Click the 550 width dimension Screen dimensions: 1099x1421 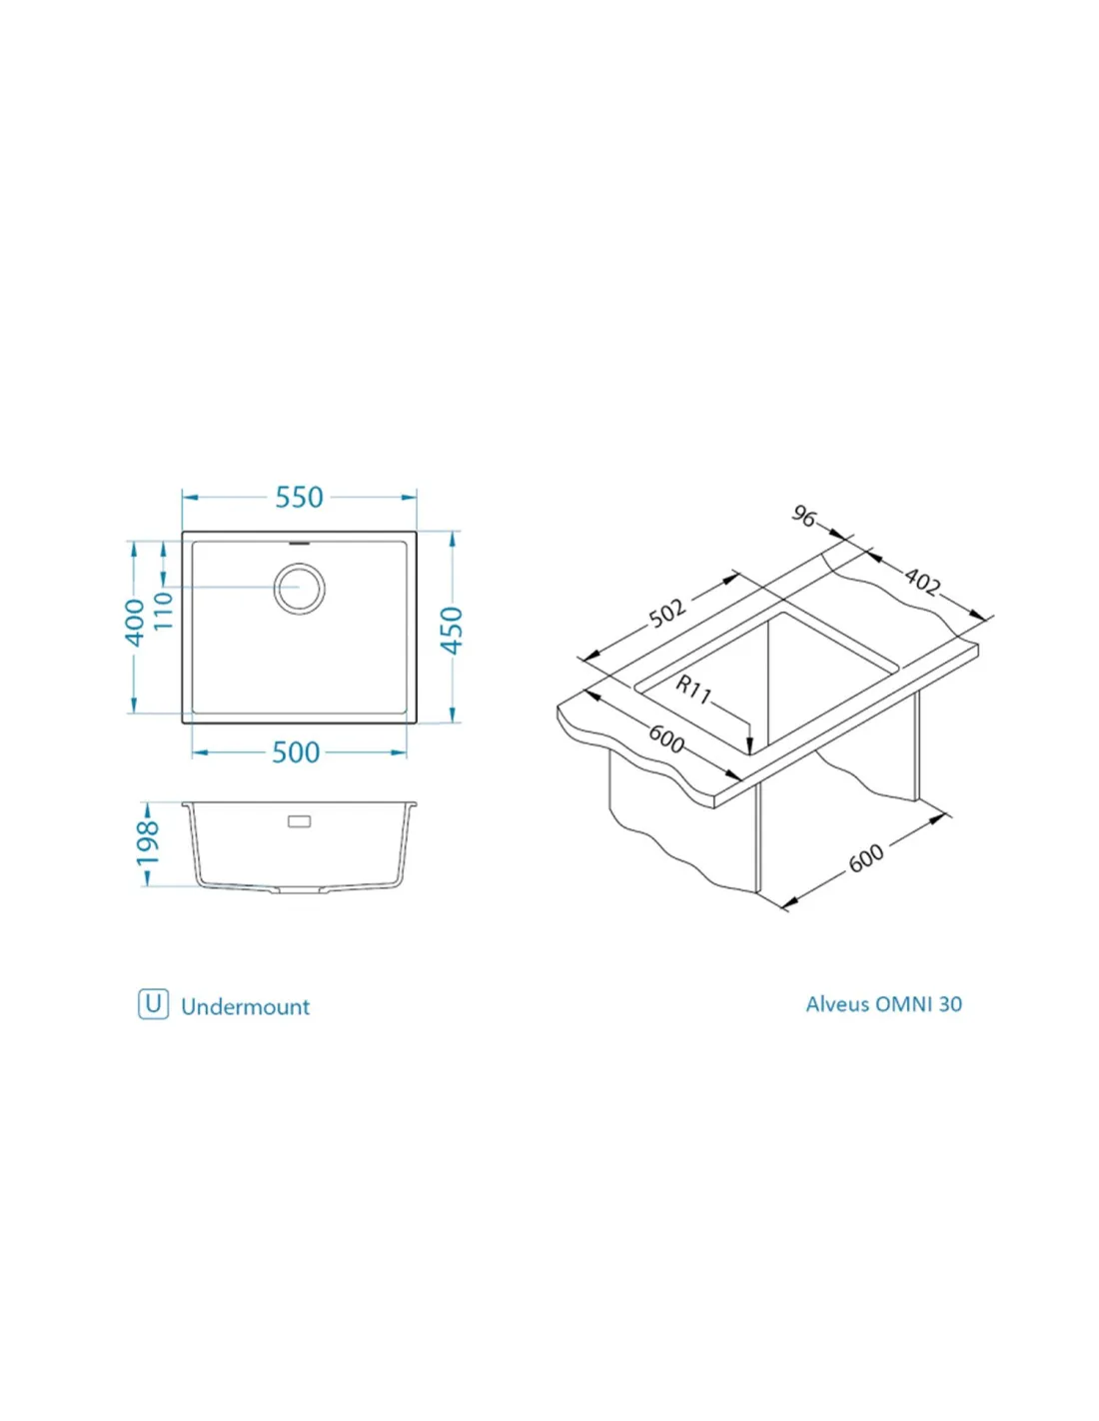299,497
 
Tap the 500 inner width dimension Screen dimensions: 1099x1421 296,752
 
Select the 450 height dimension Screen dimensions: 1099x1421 453,631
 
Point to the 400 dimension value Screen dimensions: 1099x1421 135,623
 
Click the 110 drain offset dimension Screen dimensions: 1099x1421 163,611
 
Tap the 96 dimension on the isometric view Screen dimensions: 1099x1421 804,517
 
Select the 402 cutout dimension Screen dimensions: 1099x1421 922,581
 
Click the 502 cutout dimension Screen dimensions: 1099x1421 667,613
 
